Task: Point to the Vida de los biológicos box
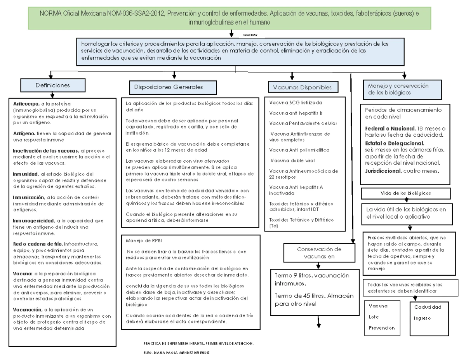(405, 193)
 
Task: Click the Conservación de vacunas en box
(318, 253)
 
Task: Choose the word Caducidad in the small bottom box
(428, 307)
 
